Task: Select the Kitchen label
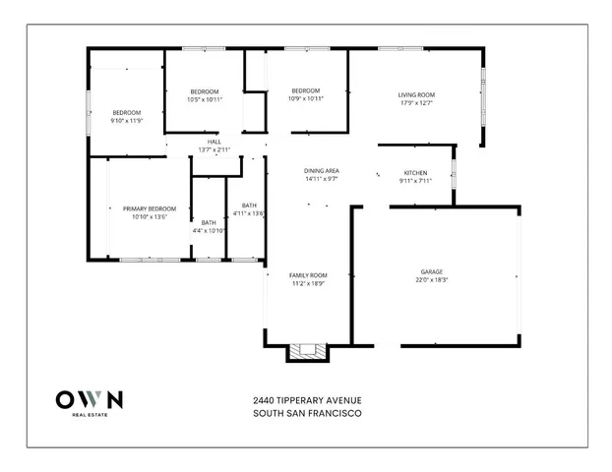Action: click(x=416, y=172)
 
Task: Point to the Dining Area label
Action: click(x=322, y=171)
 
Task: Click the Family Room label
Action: click(x=308, y=274)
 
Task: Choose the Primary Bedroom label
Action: click(x=150, y=208)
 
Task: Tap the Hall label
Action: click(x=214, y=142)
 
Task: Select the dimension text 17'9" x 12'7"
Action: click(x=417, y=103)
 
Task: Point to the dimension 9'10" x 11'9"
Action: click(x=126, y=121)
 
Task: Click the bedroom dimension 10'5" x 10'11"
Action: click(x=205, y=99)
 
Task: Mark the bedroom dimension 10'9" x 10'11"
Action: click(x=306, y=98)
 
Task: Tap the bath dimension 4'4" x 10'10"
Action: click(x=209, y=231)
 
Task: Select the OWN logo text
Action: click(x=89, y=399)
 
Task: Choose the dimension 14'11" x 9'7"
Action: click(x=322, y=179)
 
